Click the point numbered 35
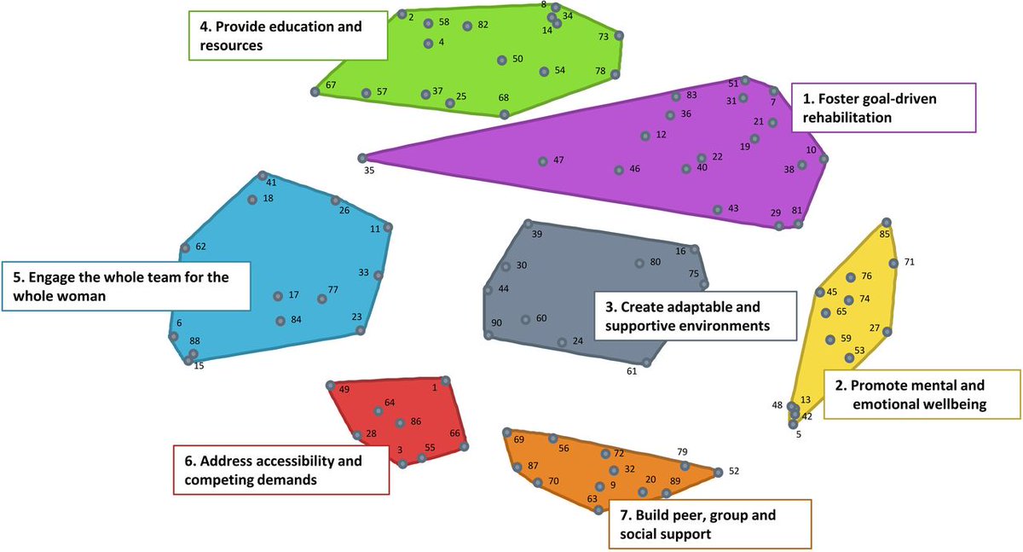pyautogui.click(x=362, y=158)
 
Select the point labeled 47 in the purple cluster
pyautogui.click(x=542, y=161)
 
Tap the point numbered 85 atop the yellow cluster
pyautogui.click(x=886, y=222)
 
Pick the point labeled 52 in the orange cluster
pyautogui.click(x=718, y=471)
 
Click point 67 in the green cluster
pyautogui.click(x=315, y=91)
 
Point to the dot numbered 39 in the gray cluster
pyautogui.click(x=528, y=224)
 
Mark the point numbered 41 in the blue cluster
pyautogui.click(x=263, y=175)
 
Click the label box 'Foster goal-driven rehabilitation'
pyautogui.click(x=883, y=107)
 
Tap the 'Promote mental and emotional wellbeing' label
pyautogui.click(x=921, y=394)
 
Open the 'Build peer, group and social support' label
pyautogui.click(x=710, y=524)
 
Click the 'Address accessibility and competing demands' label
pyautogui.click(x=280, y=470)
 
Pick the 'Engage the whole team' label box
pyautogui.click(x=127, y=286)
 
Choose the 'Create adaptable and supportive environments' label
pyautogui.click(x=694, y=316)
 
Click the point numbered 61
pyautogui.click(x=646, y=363)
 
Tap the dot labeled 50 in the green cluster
pyautogui.click(x=502, y=60)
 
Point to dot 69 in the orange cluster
pyautogui.click(x=506, y=433)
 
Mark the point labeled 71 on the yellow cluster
pyautogui.click(x=893, y=263)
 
